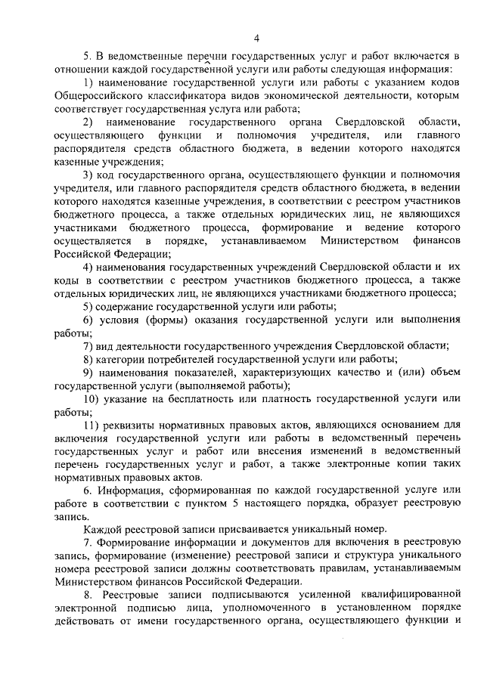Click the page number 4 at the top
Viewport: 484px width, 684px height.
[x=257, y=39]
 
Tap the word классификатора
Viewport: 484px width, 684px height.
[x=195, y=96]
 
